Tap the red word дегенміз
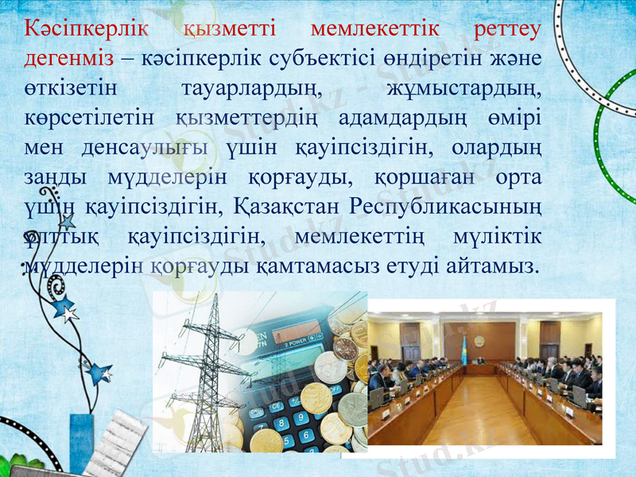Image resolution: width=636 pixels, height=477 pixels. (70, 60)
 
